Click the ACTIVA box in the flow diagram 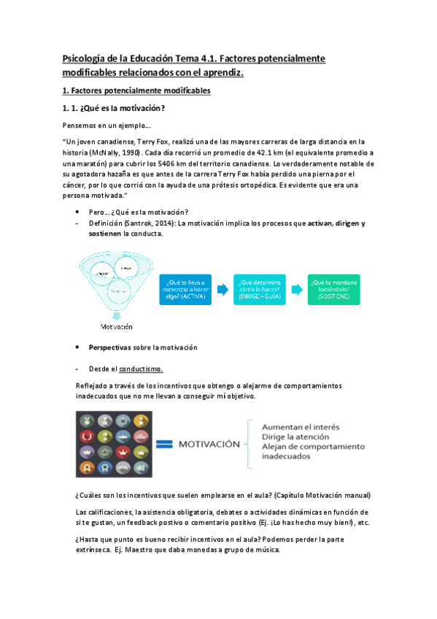point(186,289)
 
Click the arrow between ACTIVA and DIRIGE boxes point(224,289)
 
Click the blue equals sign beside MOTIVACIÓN point(166,443)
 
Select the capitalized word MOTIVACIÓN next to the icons point(209,443)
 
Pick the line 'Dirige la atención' point(292,437)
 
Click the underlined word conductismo point(142,369)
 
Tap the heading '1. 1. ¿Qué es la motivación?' point(117,109)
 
